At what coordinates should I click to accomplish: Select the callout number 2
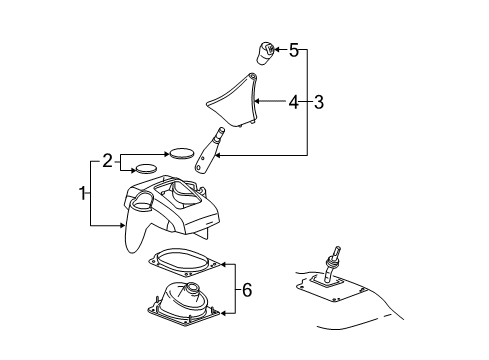click(x=108, y=159)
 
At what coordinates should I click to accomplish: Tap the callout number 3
click(x=319, y=101)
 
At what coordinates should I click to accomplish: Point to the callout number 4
click(x=293, y=101)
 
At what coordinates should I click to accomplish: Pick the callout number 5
click(x=294, y=49)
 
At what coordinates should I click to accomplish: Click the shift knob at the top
click(x=266, y=52)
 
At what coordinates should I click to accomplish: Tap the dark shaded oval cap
click(x=181, y=153)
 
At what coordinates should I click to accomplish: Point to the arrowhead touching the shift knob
click(x=279, y=49)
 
